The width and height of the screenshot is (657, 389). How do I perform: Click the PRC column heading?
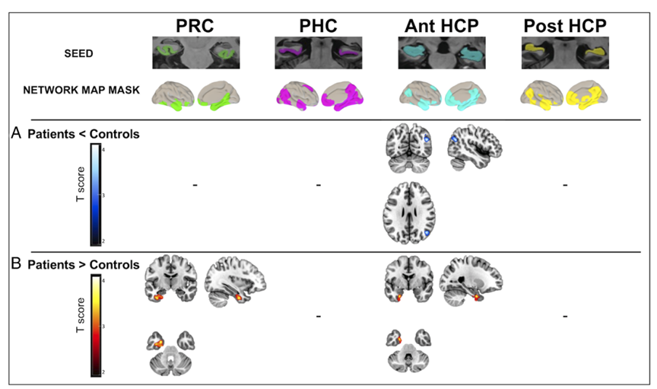click(194, 24)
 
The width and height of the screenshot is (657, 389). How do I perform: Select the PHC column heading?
click(318, 24)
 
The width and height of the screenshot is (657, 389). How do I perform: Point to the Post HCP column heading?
click(566, 24)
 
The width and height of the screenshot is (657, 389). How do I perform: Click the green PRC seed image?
click(194, 53)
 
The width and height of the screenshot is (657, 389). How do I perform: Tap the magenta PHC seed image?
click(318, 53)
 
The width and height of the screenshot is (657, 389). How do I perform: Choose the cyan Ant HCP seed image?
click(442, 53)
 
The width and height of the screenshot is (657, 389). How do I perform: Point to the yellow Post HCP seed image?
click(566, 53)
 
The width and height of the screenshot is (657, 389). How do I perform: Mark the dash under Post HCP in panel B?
click(566, 315)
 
